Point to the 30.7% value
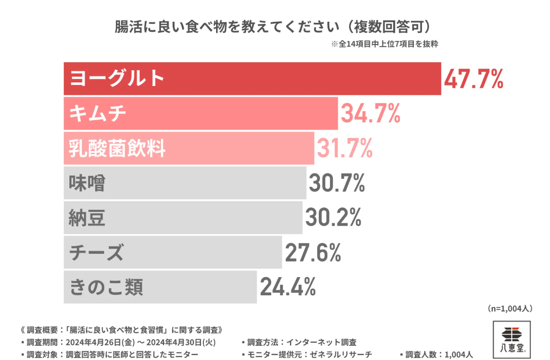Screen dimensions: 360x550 tap(336, 184)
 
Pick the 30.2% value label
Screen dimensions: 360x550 tap(333, 218)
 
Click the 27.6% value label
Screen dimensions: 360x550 tap(313, 253)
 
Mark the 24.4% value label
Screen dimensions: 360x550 tap(288, 287)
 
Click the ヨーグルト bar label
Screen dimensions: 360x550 tap(117, 78)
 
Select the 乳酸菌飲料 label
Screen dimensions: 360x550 tap(117, 149)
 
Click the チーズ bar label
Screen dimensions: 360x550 tap(96, 253)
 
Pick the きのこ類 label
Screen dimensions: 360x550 tap(106, 287)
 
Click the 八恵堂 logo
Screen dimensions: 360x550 tap(512, 339)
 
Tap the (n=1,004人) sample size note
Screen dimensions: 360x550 tap(510, 308)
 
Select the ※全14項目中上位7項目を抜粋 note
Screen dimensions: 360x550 tap(385, 44)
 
